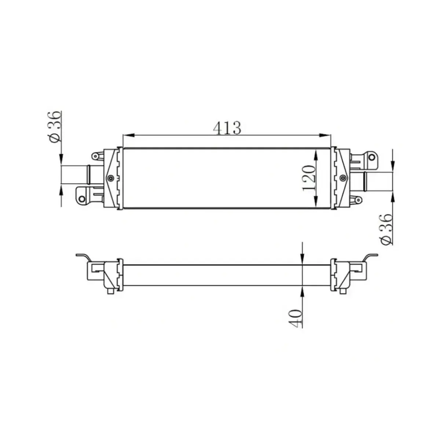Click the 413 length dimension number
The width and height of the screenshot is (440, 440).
pos(227,127)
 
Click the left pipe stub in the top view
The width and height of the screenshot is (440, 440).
pos(75,174)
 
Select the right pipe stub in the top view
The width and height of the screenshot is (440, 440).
pos(378,181)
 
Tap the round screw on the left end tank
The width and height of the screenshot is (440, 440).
pos(111,178)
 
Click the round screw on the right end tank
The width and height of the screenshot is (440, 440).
pos(342,178)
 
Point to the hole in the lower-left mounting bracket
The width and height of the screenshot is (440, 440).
pos(82,199)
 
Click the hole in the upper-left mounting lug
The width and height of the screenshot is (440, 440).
pos(95,157)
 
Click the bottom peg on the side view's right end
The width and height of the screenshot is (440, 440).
pos(342,291)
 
